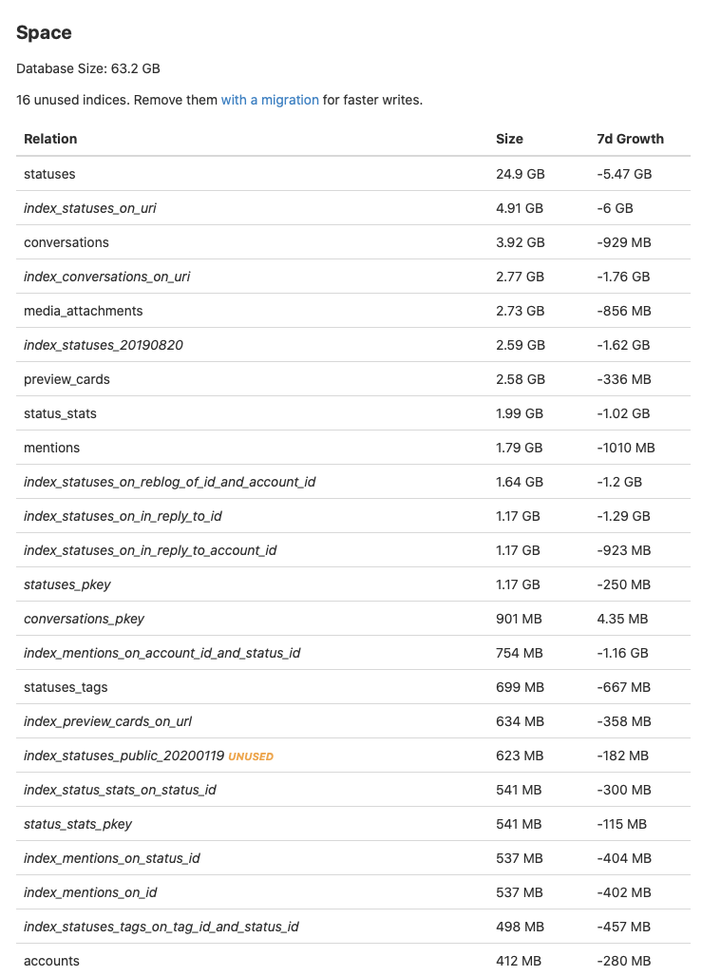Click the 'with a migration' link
[270, 100]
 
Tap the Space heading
[44, 33]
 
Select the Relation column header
[50, 139]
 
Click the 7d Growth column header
[630, 139]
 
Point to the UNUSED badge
[251, 756]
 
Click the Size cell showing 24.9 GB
[520, 174]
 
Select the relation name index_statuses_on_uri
[90, 208]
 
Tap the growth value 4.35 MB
[622, 619]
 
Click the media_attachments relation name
[84, 311]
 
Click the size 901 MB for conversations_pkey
[519, 619]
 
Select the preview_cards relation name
[66, 379]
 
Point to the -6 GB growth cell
[615, 208]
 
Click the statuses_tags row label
[66, 687]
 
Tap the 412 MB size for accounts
[519, 961]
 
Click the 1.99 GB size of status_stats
[520, 413]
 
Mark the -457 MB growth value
[623, 927]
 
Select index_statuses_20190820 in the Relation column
[104, 345]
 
